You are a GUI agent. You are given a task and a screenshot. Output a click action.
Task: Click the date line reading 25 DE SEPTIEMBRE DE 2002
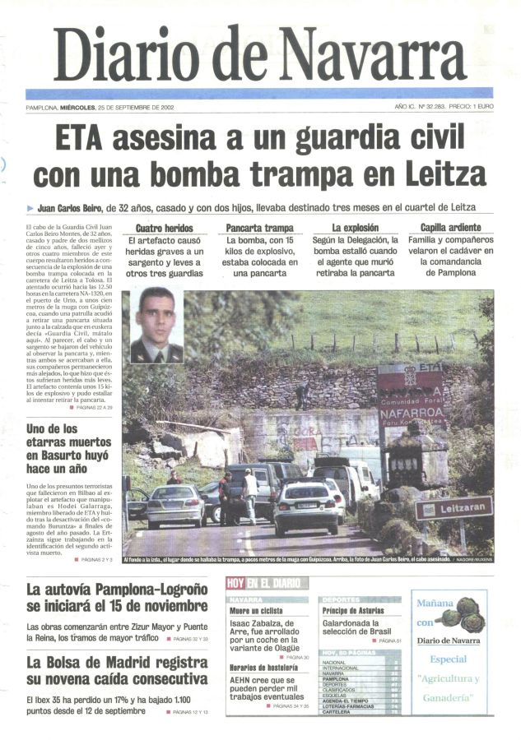pyautogui.click(x=136, y=108)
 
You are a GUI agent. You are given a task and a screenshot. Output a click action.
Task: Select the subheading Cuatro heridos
pyautogui.click(x=165, y=228)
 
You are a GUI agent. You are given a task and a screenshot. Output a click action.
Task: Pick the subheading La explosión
pyautogui.click(x=356, y=228)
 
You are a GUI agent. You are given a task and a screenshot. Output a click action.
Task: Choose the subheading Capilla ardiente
pyautogui.click(x=450, y=228)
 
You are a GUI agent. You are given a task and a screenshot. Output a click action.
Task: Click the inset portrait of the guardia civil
pyautogui.click(x=156, y=325)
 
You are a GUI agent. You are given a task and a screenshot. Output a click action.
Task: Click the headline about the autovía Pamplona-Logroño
pyautogui.click(x=116, y=598)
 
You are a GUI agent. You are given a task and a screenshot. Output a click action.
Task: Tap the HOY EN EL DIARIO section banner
pyautogui.click(x=263, y=583)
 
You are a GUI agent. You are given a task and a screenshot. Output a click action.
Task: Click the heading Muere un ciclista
pyautogui.click(x=256, y=612)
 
